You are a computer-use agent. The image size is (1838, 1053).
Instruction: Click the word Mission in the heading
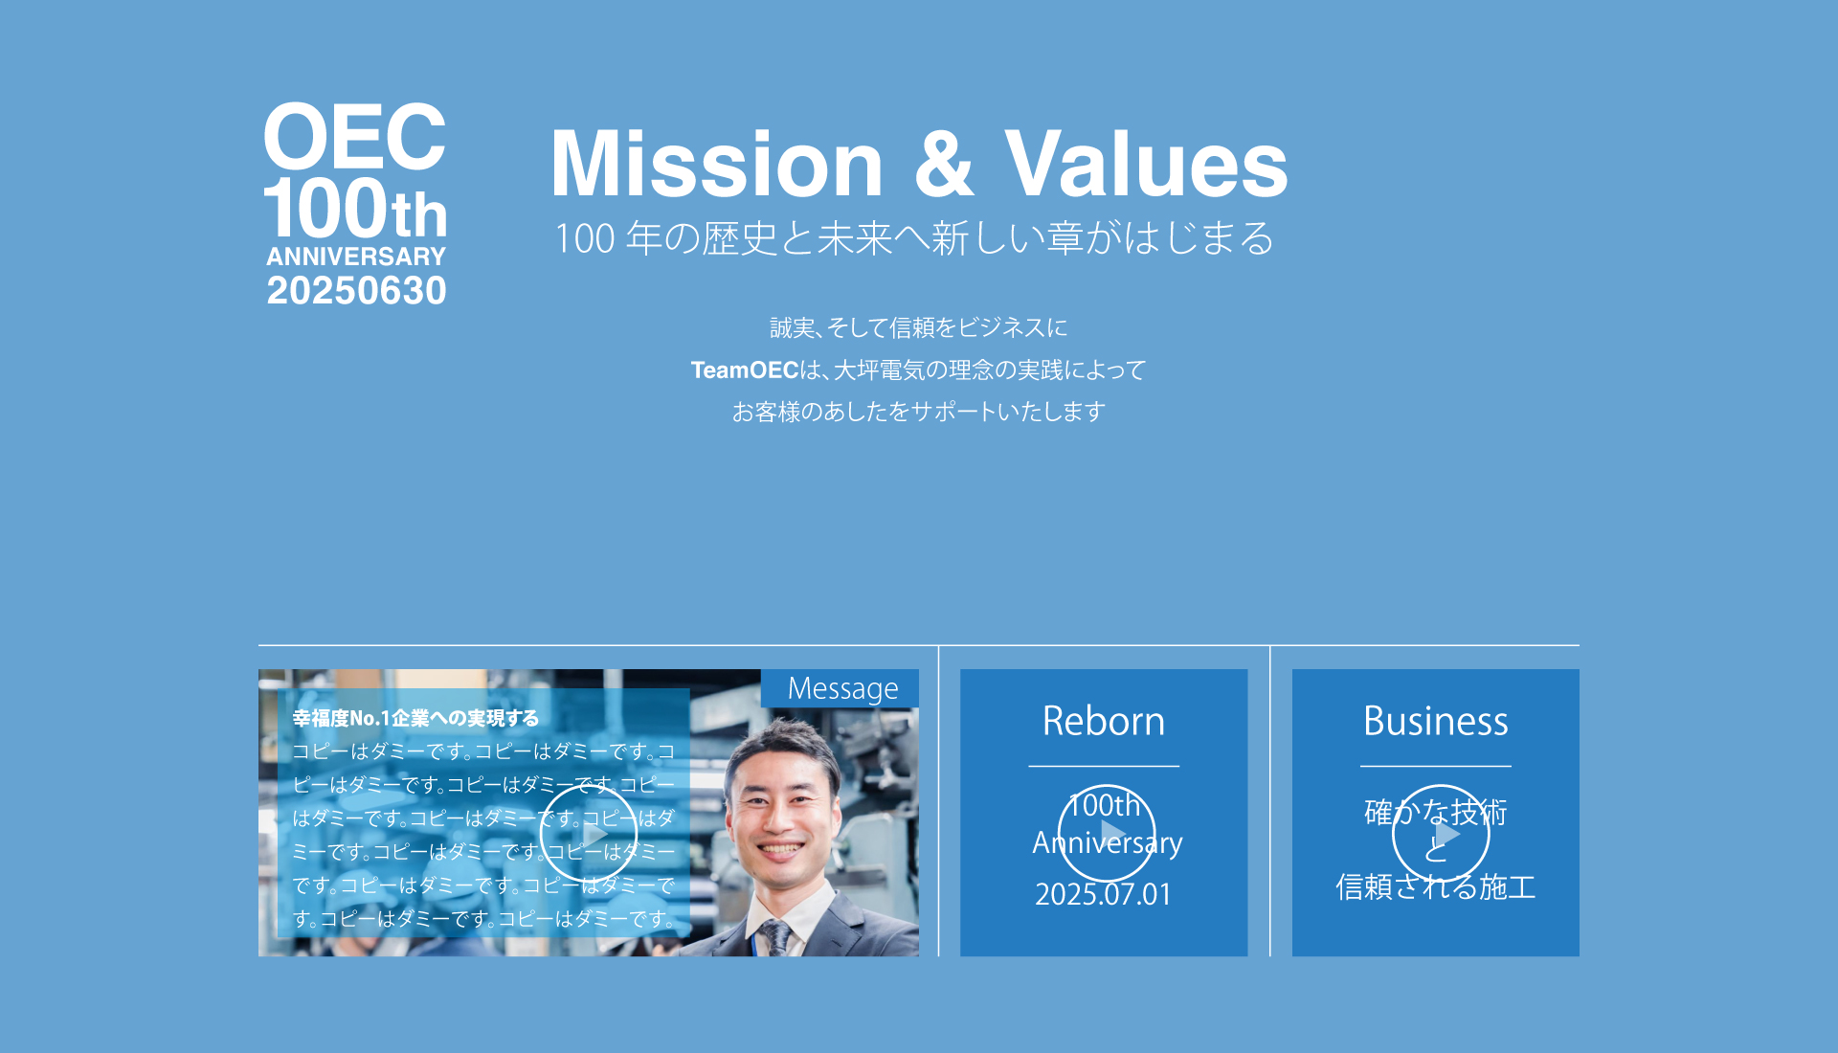click(716, 165)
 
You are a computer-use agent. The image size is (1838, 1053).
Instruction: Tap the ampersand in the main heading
click(943, 165)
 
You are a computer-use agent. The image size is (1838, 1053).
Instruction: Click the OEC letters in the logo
click(354, 137)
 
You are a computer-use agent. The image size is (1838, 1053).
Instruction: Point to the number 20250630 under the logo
click(356, 291)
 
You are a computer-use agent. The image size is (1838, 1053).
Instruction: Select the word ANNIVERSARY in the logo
click(356, 257)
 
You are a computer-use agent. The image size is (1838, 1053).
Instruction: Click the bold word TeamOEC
click(744, 370)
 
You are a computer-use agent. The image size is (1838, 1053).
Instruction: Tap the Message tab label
click(842, 688)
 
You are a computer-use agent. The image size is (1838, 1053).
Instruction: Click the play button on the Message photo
click(589, 833)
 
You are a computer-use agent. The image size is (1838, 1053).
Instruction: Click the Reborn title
click(1104, 721)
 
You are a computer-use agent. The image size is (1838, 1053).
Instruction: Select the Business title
click(1435, 721)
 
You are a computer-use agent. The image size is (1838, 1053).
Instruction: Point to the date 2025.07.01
click(1104, 894)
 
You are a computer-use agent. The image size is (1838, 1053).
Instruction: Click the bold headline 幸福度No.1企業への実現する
click(415, 718)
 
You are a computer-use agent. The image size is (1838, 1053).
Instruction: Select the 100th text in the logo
click(354, 210)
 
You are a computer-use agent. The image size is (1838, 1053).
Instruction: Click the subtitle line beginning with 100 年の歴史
click(914, 238)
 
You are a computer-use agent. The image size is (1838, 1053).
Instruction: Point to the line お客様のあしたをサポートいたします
click(918, 412)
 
